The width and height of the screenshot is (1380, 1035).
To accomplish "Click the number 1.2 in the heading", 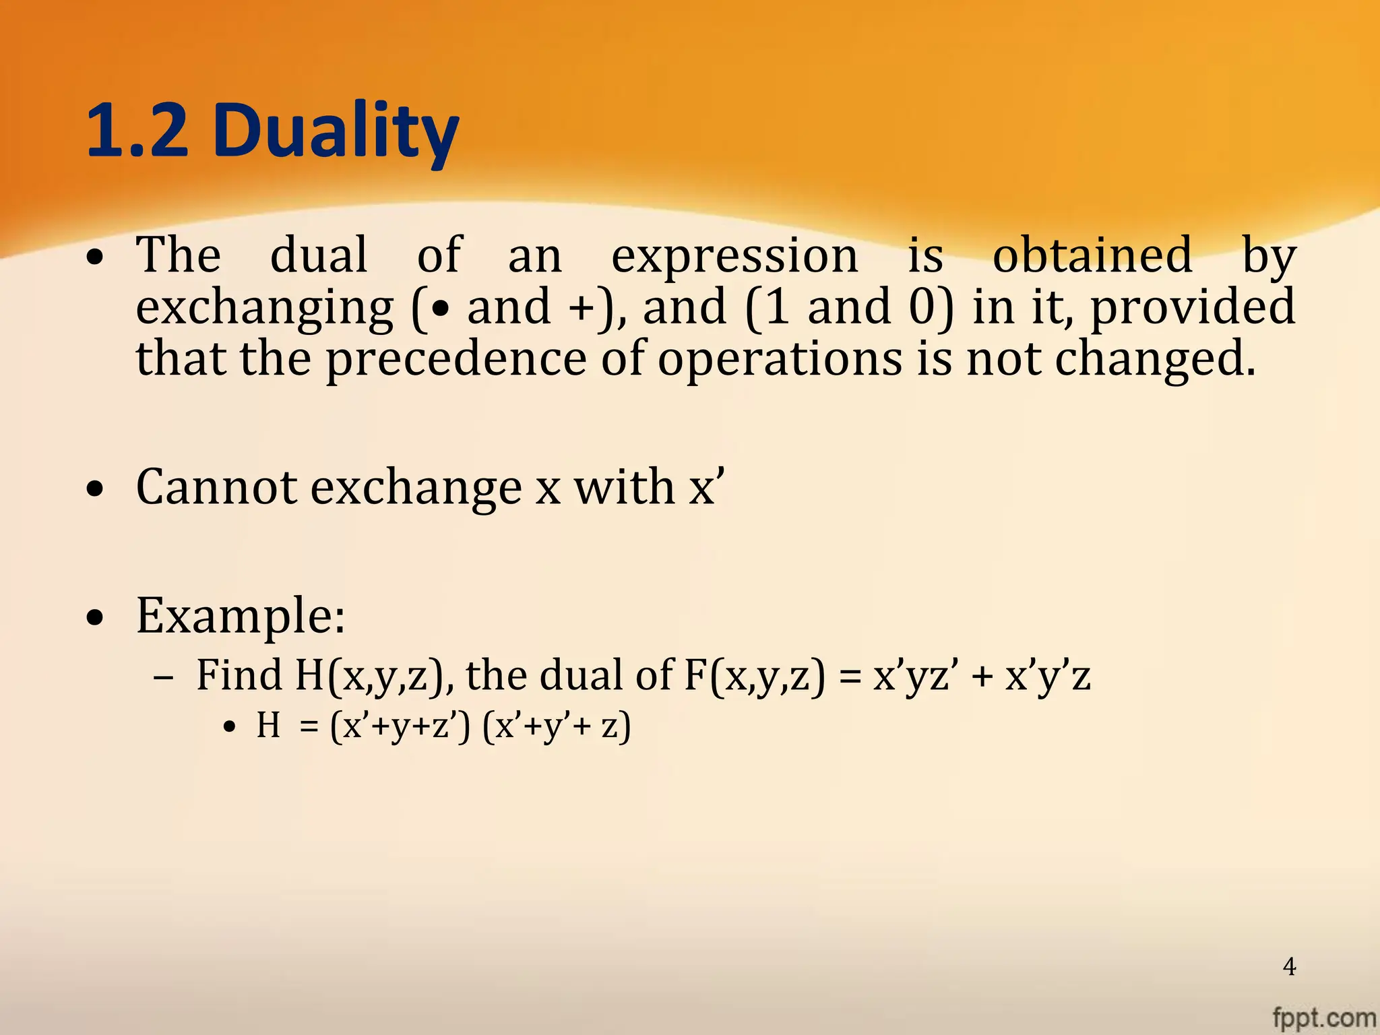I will (x=137, y=131).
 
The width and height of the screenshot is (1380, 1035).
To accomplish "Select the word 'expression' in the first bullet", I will (x=734, y=256).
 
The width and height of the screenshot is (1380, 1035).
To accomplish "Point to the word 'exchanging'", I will (x=264, y=309).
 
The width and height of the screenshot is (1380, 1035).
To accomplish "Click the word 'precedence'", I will (x=456, y=359).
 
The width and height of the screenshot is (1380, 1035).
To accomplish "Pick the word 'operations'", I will (x=780, y=359).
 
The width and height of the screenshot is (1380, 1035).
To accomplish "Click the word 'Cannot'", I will (x=216, y=487).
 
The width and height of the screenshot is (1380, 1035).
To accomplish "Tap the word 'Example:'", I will (x=241, y=616).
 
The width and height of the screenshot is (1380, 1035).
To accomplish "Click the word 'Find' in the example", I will (x=239, y=675).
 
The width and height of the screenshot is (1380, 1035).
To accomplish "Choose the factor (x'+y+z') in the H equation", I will (x=400, y=727).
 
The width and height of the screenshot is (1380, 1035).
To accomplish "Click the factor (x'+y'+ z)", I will (x=557, y=727).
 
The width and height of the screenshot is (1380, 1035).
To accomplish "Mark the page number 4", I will (x=1289, y=967).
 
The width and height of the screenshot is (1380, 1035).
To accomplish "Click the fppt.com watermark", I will (x=1324, y=1017).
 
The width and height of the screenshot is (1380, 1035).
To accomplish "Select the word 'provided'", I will (x=1192, y=307).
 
